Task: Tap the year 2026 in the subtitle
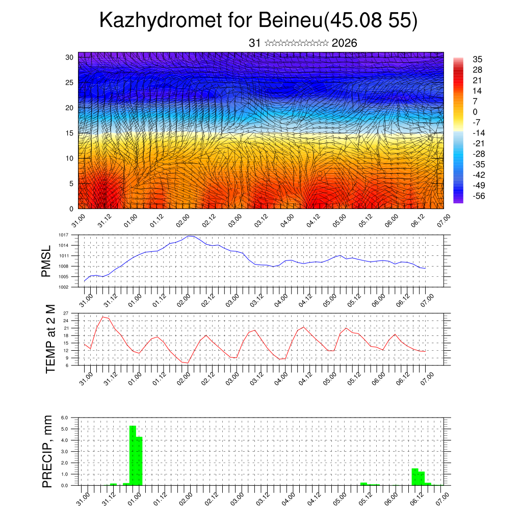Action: click(344, 43)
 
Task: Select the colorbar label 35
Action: click(478, 59)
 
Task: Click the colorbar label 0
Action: click(475, 112)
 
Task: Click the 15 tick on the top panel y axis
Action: click(70, 133)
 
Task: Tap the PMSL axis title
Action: click(46, 261)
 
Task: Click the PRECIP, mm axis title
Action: click(47, 451)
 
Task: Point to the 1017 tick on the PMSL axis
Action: click(63, 235)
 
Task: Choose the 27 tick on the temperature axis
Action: click(66, 313)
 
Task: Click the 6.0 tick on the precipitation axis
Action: click(65, 417)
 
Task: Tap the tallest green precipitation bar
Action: click(133, 455)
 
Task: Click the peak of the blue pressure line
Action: click(190, 236)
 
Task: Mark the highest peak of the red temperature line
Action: click(103, 317)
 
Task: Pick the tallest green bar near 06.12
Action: click(415, 477)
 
